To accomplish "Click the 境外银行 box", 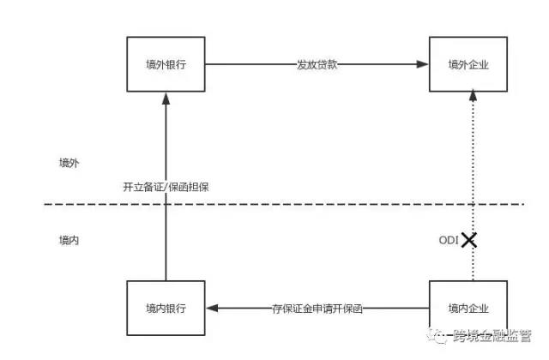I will tap(166, 64).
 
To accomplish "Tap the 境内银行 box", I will tap(166, 309).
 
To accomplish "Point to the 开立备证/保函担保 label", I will tap(166, 187).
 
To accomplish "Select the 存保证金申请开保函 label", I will tap(317, 309).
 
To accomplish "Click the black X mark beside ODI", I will tap(468, 239).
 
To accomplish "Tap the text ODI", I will tap(449, 239).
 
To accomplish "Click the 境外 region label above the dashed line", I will tap(69, 163).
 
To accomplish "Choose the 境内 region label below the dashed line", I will tap(69, 241).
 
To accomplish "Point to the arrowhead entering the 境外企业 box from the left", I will tap(424, 64).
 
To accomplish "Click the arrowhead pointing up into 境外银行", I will tap(166, 98).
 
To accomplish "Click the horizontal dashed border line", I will tap(283, 204).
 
